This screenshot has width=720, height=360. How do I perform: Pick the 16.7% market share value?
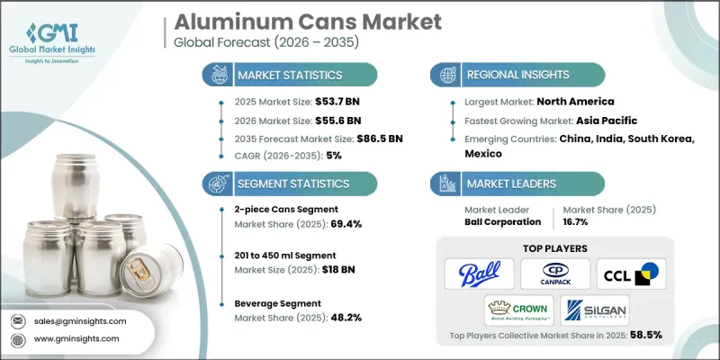coord(588,222)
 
